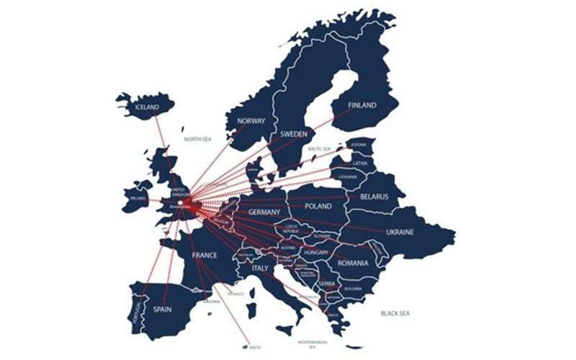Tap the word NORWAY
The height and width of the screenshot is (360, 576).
[251, 121]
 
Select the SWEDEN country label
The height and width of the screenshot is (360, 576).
[294, 134]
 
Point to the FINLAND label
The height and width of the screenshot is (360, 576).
[362, 105]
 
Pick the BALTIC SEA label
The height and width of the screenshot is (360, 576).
[319, 149]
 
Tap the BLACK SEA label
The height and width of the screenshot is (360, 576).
[395, 312]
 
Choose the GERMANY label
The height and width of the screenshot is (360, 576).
[264, 213]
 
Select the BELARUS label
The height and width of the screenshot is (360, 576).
[374, 196]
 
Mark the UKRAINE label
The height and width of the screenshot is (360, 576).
[399, 232]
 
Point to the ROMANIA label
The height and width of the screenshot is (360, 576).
[353, 263]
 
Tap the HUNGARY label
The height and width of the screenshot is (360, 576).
[315, 253]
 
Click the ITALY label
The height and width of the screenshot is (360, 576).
[259, 268]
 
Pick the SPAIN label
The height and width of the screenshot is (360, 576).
[162, 310]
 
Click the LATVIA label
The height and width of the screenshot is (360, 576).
[359, 163]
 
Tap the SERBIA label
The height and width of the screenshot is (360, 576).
[326, 284]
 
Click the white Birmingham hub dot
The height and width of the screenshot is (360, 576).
[181, 202]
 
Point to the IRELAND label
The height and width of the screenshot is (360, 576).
[137, 197]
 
